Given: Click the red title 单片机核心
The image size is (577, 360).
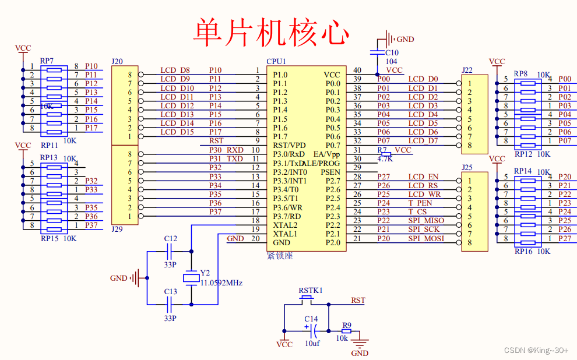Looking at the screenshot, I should [x=272, y=32].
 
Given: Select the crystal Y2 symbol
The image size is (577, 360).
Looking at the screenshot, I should [x=191, y=278].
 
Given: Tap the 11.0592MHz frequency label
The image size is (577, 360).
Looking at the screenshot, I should [x=221, y=283].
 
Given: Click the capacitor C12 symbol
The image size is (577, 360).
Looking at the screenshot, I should [x=170, y=252].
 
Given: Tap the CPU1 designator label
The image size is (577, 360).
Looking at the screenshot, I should [x=276, y=61].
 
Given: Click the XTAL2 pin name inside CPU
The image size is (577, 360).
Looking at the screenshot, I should [x=285, y=225].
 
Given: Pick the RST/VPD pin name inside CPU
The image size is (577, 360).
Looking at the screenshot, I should [x=289, y=145].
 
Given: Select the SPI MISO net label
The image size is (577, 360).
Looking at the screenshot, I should [x=425, y=221].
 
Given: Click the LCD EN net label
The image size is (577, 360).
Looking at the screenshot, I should [x=423, y=177].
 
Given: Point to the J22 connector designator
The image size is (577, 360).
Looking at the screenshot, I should [x=467, y=70].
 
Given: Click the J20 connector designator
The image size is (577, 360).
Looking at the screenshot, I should [x=117, y=61].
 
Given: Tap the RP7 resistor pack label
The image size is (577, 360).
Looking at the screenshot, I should [x=47, y=61].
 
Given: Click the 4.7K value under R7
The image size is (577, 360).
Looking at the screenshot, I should [x=385, y=158].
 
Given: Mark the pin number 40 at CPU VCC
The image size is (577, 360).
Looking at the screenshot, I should [x=357, y=70].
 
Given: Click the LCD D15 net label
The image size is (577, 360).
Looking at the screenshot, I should [x=177, y=132].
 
